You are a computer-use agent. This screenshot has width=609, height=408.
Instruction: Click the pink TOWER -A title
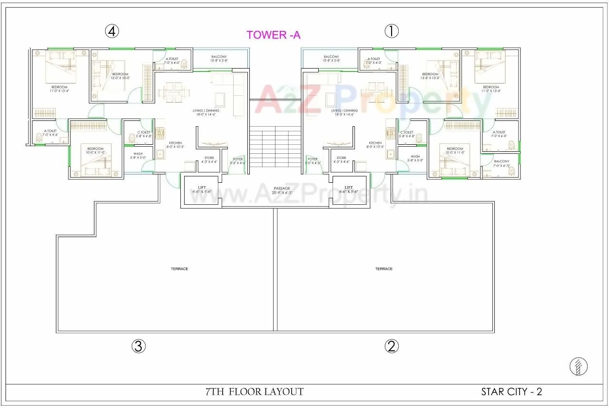[x=273, y=35]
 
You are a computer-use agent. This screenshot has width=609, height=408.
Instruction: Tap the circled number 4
[x=112, y=31]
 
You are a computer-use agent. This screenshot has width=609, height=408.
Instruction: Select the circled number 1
[x=392, y=31]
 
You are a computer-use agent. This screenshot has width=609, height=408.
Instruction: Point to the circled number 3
[x=138, y=346]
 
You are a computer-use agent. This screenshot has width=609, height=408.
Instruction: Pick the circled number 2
[x=392, y=346]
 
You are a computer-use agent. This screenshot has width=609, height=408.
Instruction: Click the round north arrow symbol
[x=579, y=367]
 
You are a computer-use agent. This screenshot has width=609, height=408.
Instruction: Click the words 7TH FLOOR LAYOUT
[x=255, y=392]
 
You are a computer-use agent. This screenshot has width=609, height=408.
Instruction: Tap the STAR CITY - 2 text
[x=511, y=392]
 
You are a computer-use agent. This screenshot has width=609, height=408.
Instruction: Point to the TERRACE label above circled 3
[x=179, y=269]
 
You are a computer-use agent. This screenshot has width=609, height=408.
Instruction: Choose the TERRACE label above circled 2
[x=384, y=269]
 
